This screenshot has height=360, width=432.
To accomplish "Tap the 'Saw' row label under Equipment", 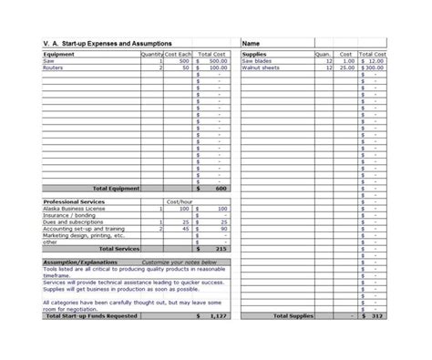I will (x=48, y=60).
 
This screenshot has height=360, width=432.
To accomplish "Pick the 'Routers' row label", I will (x=53, y=67).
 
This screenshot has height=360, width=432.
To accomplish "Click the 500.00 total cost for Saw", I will (x=217, y=60).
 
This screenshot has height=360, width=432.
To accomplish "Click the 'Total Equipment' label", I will (x=116, y=189).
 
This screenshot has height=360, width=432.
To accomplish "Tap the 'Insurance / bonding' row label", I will (x=69, y=215).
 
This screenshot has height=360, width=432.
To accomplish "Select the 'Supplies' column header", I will (x=254, y=54).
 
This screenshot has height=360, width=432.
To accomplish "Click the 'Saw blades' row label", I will (x=258, y=60).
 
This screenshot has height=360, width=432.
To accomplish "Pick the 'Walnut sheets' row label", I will (x=262, y=67).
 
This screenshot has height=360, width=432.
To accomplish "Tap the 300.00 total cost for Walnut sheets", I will (x=375, y=67).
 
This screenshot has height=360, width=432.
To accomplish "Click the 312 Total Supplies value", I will (x=378, y=316).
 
